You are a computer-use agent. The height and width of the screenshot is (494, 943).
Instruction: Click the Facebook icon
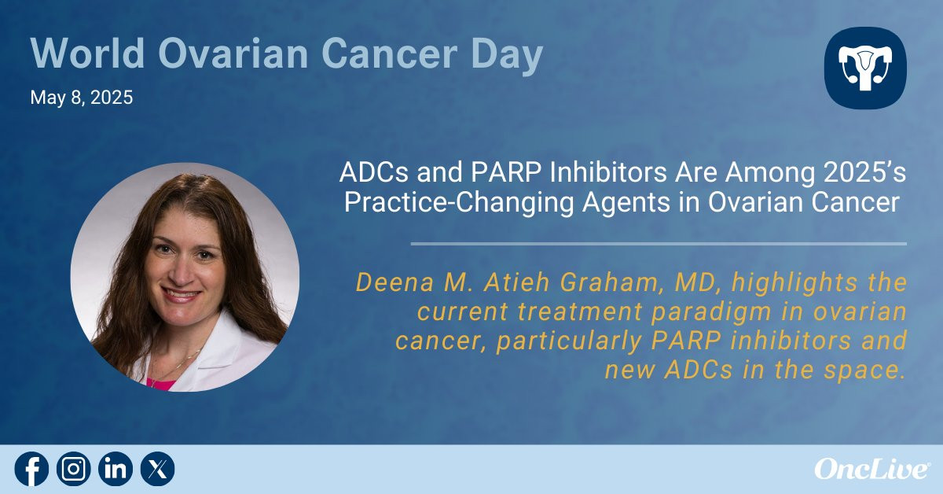click(31, 469)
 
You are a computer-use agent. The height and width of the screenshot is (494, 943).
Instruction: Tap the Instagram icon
click(74, 469)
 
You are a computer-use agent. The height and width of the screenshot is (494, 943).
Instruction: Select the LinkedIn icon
click(116, 469)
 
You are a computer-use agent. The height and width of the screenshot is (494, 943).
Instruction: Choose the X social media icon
click(157, 469)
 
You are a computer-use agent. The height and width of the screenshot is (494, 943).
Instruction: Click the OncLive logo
click(872, 469)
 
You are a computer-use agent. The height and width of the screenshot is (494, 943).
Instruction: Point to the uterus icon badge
click(865, 68)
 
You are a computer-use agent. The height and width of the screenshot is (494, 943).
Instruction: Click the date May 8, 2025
click(82, 98)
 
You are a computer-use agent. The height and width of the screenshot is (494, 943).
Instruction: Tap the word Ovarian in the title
click(233, 54)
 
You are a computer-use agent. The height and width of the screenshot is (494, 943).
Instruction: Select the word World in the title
click(87, 54)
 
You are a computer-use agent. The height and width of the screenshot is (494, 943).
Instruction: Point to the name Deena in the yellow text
click(394, 282)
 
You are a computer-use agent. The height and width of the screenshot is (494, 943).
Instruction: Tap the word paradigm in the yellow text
click(711, 312)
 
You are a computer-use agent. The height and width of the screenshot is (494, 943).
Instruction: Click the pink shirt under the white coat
click(162, 384)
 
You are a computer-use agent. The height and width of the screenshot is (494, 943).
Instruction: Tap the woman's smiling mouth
click(182, 294)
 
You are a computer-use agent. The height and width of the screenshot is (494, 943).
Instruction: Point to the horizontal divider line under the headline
click(659, 244)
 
